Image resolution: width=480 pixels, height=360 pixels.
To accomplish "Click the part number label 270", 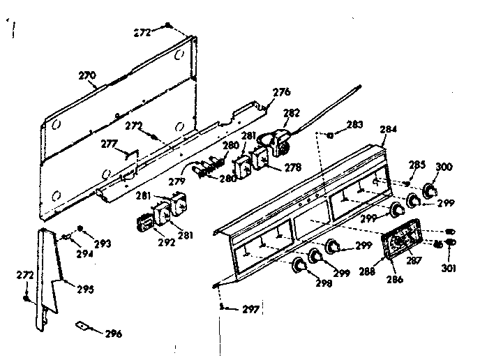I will point(87,75).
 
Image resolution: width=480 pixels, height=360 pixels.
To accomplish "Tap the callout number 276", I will point(281,91).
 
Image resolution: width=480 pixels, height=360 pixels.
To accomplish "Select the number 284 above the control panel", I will point(388,129).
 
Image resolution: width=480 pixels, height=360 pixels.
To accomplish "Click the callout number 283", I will point(354,124).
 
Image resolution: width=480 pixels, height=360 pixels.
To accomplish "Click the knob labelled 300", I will point(430,190).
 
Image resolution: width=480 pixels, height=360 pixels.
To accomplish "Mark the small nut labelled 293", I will point(80,228).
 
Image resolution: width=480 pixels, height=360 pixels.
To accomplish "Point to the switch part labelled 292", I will point(147,225).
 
